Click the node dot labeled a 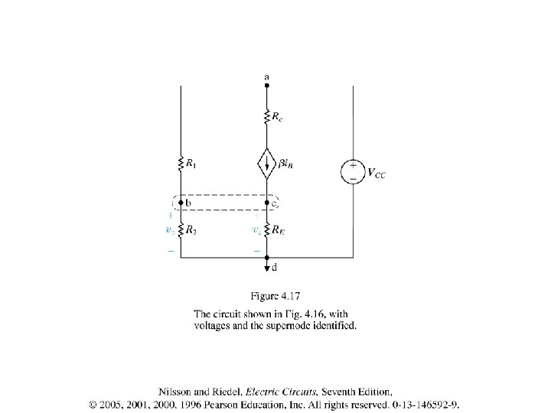coord(266,86)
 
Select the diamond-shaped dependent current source coord(266,162)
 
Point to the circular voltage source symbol coord(353,171)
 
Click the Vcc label coord(377,174)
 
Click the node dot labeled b coord(181,203)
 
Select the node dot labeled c coord(266,203)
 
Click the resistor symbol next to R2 coord(181,229)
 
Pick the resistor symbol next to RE coord(266,229)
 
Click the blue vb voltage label coord(170,229)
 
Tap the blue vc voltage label coord(256,229)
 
